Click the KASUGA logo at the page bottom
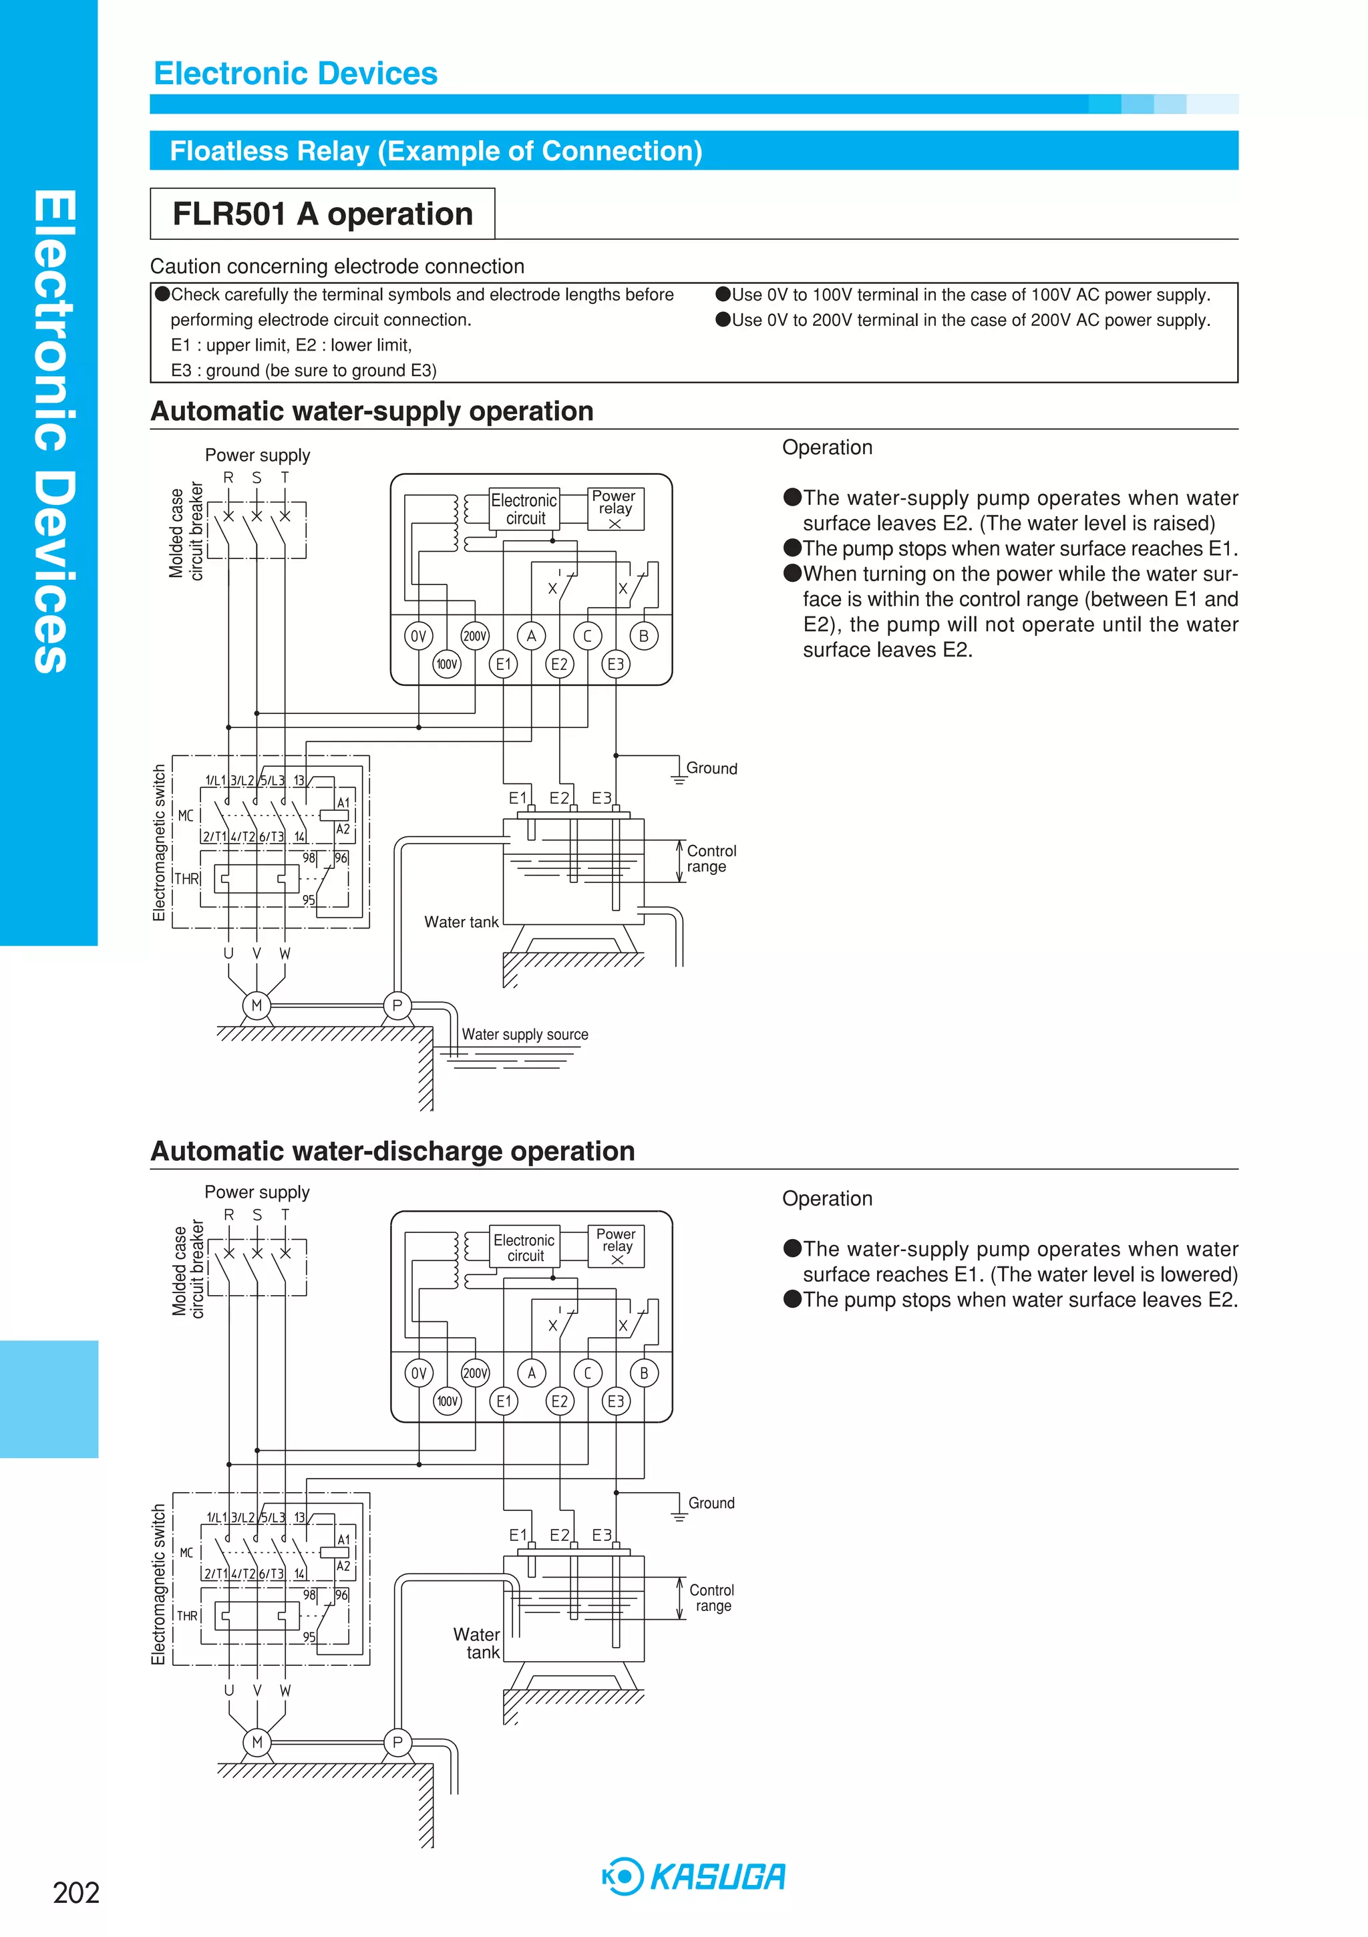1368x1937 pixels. (694, 1876)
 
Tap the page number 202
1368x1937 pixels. (76, 1892)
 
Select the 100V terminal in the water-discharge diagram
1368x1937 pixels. (448, 1401)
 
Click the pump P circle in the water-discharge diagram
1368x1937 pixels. (397, 1742)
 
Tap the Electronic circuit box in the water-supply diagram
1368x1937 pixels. (524, 509)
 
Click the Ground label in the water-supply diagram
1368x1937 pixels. (711, 769)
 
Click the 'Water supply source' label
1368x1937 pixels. (524, 1035)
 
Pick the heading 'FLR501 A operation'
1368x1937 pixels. (323, 214)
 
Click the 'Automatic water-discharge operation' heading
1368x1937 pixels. (392, 1152)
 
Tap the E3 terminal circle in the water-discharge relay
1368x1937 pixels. (616, 1401)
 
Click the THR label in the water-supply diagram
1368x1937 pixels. (186, 878)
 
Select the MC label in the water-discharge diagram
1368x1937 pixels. (186, 1552)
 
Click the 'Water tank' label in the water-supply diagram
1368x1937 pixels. (461, 922)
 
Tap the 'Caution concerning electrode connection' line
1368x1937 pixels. (337, 267)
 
